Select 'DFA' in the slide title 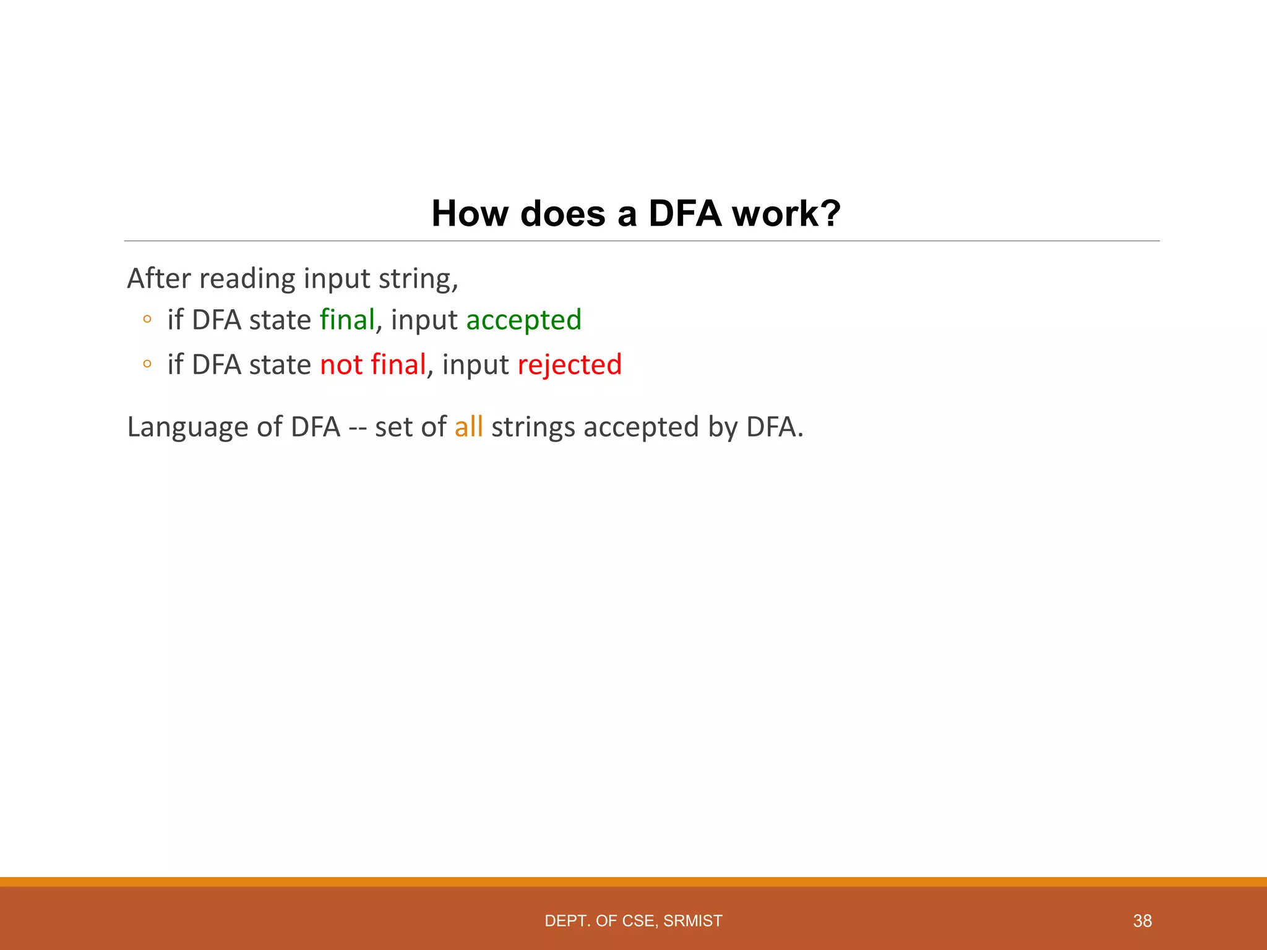[684, 214]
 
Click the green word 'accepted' [523, 320]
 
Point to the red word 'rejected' [569, 365]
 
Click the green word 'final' [347, 320]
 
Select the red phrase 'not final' [373, 365]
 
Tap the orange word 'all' [468, 427]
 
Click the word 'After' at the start [159, 278]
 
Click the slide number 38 [1142, 921]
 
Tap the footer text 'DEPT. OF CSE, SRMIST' [633, 921]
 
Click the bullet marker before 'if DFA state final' [147, 320]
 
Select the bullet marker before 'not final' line [147, 364]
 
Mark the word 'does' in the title [563, 214]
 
